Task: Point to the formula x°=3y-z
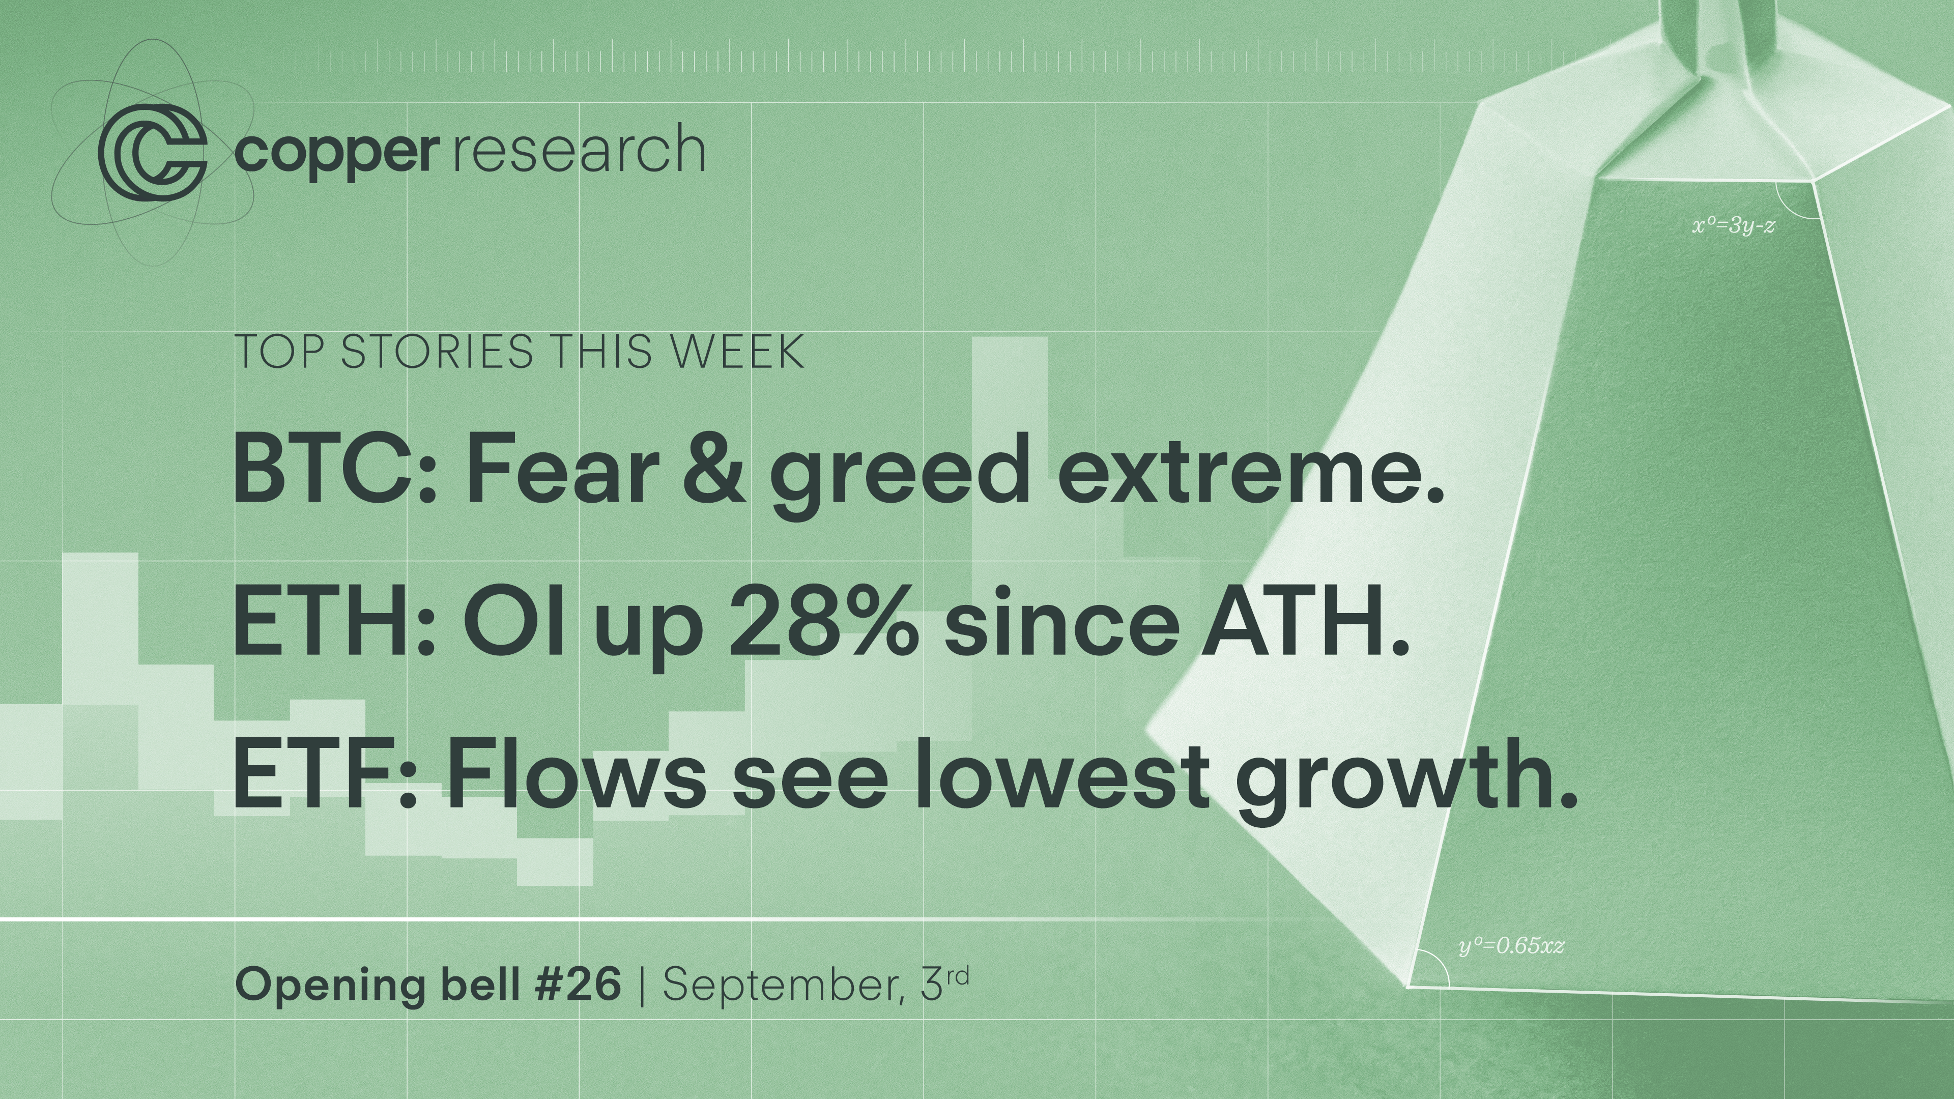(x=1733, y=226)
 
